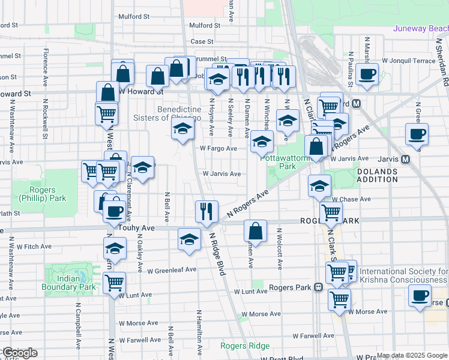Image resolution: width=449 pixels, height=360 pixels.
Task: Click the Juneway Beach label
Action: point(420,28)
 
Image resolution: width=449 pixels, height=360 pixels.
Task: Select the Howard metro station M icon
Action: point(357,103)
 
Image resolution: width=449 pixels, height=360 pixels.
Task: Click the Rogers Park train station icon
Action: point(318,287)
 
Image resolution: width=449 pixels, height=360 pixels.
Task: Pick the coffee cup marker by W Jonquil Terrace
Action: point(367,74)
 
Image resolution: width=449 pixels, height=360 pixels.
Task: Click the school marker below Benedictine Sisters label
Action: point(182,129)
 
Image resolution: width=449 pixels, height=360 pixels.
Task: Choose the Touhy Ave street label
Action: point(137,228)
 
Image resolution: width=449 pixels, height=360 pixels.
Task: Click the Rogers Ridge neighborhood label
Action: point(244,346)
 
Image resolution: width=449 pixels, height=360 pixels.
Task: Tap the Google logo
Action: point(19,353)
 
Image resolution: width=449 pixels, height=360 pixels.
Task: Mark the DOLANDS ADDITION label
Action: point(394,175)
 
